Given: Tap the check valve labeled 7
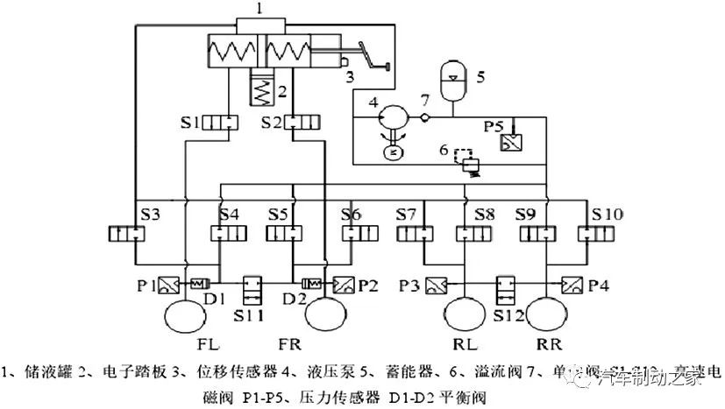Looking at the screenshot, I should [424, 117].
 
